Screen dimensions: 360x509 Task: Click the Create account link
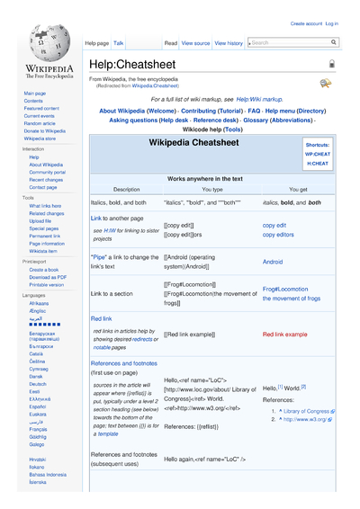(x=306, y=23)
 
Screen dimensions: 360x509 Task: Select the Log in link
(x=331, y=23)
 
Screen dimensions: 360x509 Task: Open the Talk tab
(x=119, y=43)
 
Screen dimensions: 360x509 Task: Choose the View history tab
(x=229, y=43)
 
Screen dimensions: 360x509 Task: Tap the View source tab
(x=195, y=43)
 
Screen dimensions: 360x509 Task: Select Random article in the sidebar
(x=40, y=123)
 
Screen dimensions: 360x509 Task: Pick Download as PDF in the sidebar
(x=48, y=277)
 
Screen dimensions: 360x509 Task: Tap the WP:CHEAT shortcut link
(x=317, y=154)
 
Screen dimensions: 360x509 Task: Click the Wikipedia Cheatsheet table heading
(x=193, y=143)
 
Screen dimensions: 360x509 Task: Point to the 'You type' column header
(x=212, y=190)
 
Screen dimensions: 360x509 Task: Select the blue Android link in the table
(x=272, y=262)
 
